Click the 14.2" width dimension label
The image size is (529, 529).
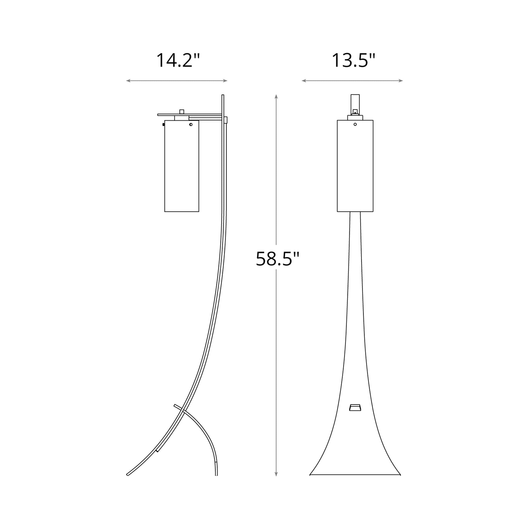point(178,61)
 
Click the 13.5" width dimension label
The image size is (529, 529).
point(353,61)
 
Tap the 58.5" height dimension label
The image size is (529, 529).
point(277,259)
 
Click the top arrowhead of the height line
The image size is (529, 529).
point(276,97)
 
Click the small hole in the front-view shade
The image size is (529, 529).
point(355,124)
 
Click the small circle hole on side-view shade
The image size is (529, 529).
point(191,125)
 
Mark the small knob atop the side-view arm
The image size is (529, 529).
point(182,111)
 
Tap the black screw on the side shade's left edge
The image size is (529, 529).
point(163,125)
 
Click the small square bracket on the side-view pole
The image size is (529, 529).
point(226,120)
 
